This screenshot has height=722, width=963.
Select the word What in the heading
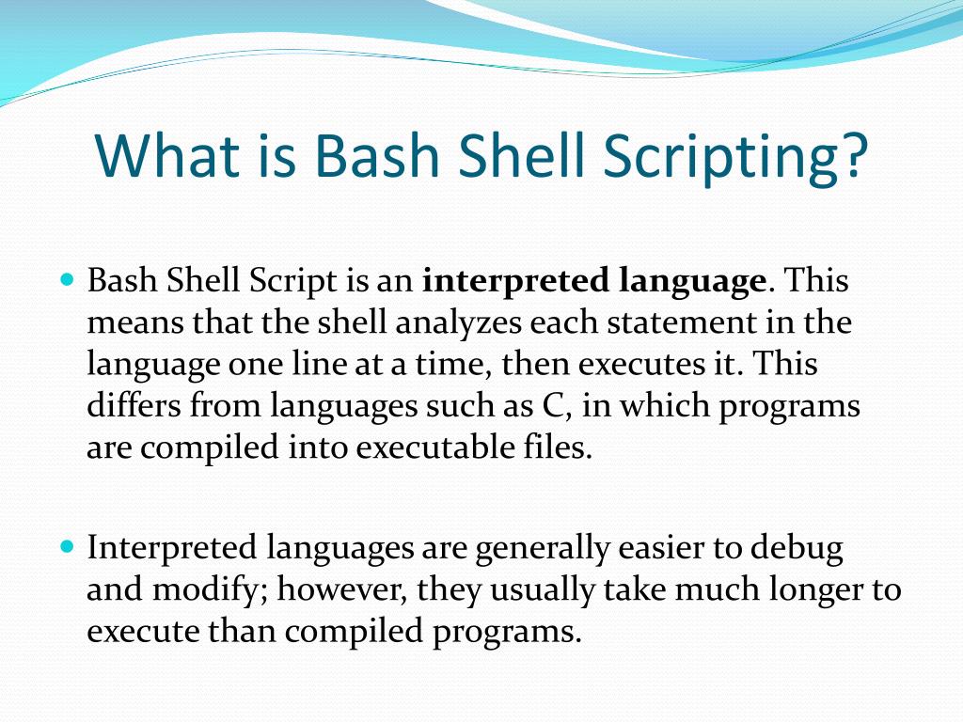tap(161, 156)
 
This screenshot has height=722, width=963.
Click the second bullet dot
tap(66, 546)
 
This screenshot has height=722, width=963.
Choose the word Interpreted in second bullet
tap(172, 548)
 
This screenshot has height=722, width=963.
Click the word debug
tap(796, 548)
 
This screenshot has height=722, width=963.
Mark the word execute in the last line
tap(137, 631)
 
